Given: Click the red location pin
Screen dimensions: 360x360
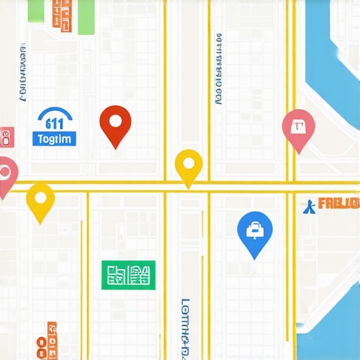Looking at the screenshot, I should point(115,124).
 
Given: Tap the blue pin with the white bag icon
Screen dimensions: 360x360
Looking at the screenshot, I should point(255,232).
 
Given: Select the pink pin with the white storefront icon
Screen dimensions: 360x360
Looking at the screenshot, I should point(297,129).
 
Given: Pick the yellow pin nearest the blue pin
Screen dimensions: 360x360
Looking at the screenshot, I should point(188,167).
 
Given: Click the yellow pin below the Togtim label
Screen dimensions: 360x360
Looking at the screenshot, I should point(40,200).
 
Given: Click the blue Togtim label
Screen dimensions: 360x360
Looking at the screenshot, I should point(53,139).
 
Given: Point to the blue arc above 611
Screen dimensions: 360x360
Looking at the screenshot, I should point(54,112).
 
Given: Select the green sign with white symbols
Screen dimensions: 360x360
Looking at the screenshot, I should point(127,274).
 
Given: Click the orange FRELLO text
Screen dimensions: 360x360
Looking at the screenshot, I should point(338,205).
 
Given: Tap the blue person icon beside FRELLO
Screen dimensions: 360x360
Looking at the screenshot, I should point(308,205).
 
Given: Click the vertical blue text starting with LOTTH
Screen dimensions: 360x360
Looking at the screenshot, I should point(186,327).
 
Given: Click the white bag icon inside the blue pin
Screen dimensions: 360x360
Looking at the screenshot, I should point(255,228).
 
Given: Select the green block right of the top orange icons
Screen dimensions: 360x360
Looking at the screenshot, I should point(86,15).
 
